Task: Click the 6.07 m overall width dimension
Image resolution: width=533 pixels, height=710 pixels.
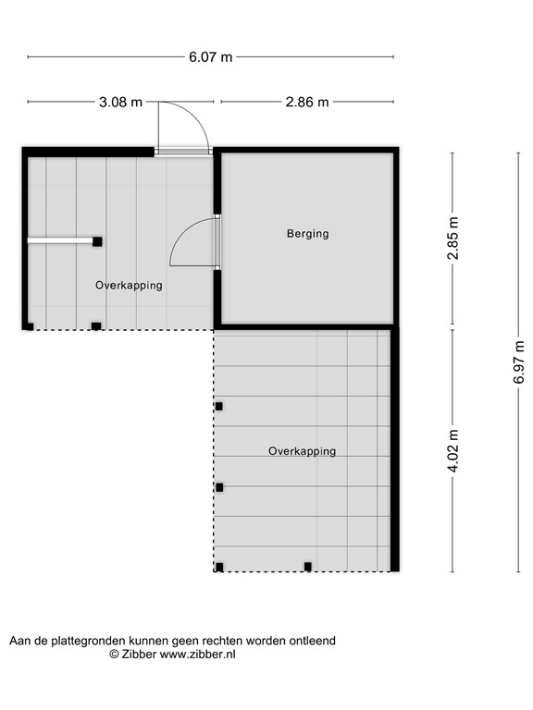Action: coord(211,56)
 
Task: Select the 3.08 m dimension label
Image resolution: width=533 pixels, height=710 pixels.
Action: coord(120,102)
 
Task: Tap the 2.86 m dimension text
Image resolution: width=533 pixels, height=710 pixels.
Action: coord(307,102)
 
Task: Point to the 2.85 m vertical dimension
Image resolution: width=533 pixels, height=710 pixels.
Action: coord(452,239)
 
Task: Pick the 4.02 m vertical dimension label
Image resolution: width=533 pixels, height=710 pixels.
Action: coord(452,450)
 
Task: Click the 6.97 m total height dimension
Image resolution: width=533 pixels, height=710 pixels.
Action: coord(519,361)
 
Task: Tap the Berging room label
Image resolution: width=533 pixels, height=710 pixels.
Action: coord(307,234)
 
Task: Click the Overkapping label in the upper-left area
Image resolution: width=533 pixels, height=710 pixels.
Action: coord(129,286)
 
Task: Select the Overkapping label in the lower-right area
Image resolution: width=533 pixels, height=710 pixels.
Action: coord(302,451)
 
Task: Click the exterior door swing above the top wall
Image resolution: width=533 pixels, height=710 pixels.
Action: coord(182,128)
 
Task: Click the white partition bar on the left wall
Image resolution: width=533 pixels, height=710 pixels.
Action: coord(59,241)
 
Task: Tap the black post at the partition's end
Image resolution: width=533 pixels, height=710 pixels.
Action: coord(97,241)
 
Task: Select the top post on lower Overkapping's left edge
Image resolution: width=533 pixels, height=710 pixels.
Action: coord(219,406)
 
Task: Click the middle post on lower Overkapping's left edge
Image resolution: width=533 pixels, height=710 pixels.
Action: coord(219,487)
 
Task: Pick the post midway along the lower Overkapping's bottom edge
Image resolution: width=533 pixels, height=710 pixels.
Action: coord(308,567)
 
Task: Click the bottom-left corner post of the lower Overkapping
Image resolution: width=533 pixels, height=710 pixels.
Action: coord(219,568)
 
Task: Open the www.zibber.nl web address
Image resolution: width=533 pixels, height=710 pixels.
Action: coord(198,654)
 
